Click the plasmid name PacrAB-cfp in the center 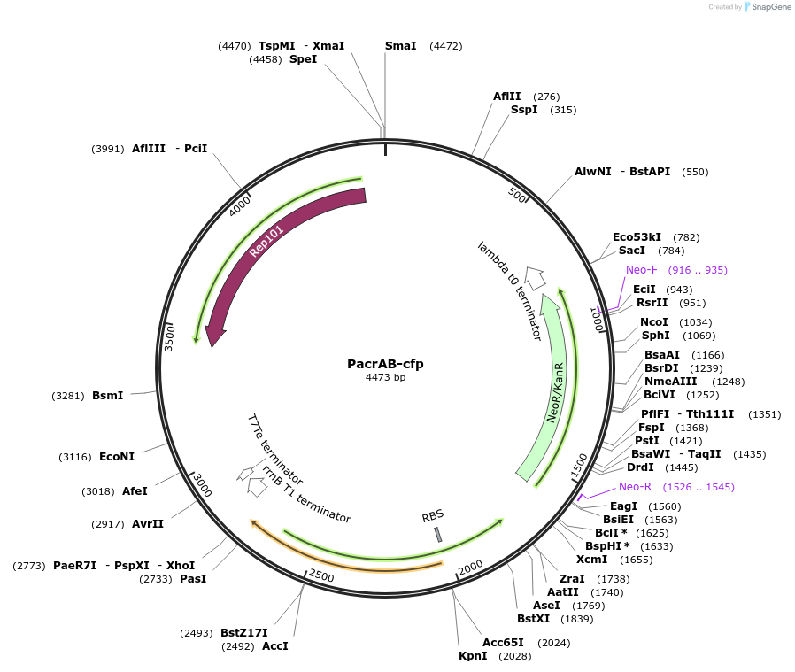click(385, 363)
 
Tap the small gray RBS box click(437, 534)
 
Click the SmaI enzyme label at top click(400, 45)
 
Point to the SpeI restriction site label click(303, 59)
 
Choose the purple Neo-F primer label click(642, 270)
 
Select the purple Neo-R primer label click(635, 487)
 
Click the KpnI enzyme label click(473, 656)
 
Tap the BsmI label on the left click(107, 395)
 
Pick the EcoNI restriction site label click(117, 457)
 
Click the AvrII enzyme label click(148, 524)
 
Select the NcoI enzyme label click(654, 321)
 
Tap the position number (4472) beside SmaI click(445, 46)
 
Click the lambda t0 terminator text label click(509, 290)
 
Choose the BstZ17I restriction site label click(243, 633)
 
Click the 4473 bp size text click(385, 377)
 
